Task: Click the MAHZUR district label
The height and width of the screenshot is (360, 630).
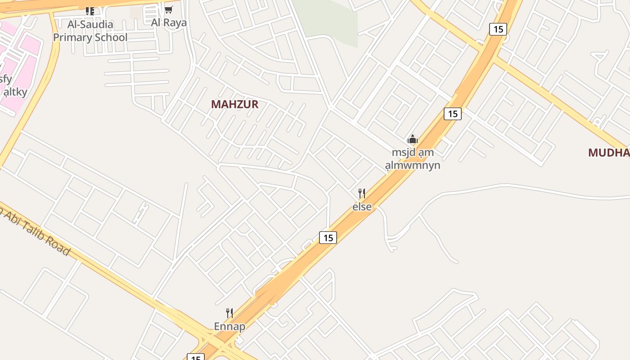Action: click(x=234, y=104)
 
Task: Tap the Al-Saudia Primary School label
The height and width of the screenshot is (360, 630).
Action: click(x=90, y=31)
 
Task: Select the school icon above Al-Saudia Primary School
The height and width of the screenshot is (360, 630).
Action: click(x=90, y=11)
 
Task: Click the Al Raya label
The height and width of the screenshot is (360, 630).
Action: click(x=169, y=22)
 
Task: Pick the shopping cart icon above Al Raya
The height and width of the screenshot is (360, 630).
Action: click(x=169, y=10)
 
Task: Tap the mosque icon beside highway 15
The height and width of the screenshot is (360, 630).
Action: click(x=413, y=139)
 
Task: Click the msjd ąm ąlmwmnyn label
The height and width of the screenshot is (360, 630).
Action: click(x=413, y=159)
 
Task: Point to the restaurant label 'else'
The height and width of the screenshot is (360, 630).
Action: click(x=362, y=207)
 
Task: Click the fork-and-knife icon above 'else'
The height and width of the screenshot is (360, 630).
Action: click(x=361, y=193)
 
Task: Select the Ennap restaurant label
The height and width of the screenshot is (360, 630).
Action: click(x=229, y=326)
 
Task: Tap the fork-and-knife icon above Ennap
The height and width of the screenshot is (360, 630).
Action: click(x=229, y=313)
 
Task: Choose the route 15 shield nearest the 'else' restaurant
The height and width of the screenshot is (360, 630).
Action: click(x=328, y=237)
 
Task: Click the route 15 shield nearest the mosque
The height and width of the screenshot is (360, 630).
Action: click(x=453, y=114)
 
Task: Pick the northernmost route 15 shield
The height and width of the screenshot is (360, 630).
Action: click(x=498, y=29)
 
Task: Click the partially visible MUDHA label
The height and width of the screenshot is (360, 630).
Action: click(x=609, y=153)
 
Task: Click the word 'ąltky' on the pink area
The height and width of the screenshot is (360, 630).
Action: click(x=15, y=92)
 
